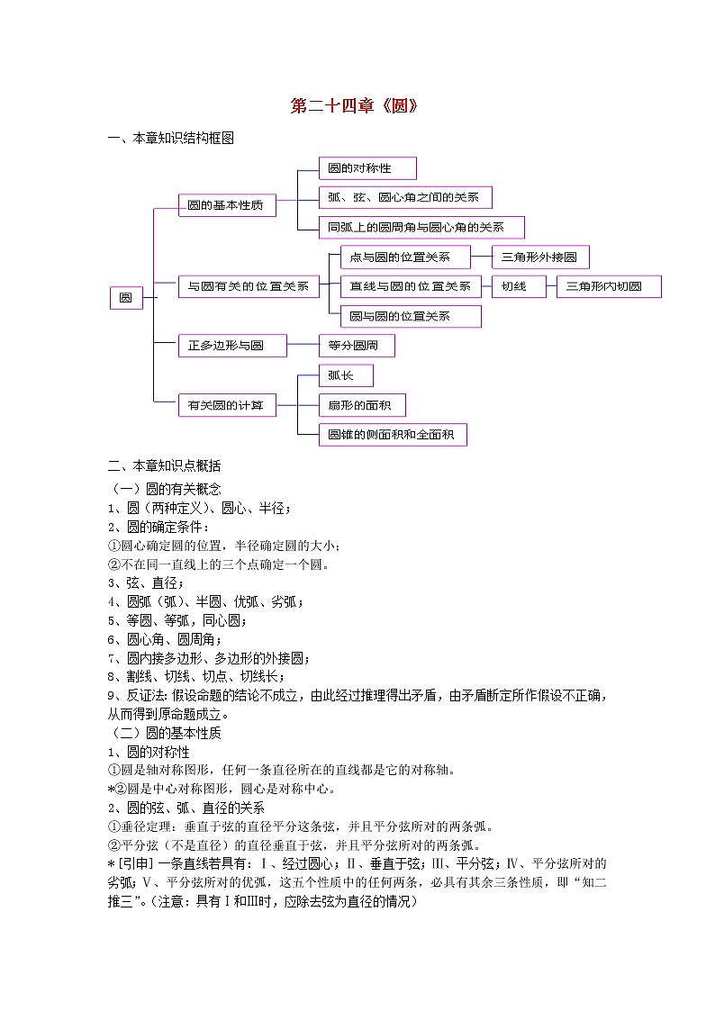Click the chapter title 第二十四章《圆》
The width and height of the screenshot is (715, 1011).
click(x=356, y=106)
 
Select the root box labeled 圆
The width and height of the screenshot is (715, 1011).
click(x=126, y=298)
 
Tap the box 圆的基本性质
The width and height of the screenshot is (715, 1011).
click(x=226, y=206)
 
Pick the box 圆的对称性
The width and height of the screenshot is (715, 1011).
click(x=367, y=168)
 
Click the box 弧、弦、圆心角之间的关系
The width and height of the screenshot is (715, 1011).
click(x=405, y=198)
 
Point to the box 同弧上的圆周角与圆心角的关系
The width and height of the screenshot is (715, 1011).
click(x=421, y=228)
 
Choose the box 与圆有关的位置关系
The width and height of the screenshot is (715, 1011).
click(x=249, y=287)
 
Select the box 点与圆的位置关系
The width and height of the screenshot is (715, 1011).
click(x=406, y=257)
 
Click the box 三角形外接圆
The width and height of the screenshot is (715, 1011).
click(x=540, y=257)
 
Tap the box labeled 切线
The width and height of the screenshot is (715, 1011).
click(x=520, y=287)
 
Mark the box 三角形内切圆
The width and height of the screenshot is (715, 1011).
click(x=610, y=287)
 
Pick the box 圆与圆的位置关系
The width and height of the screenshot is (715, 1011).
click(x=411, y=316)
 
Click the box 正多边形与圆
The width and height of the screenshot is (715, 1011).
click(x=232, y=346)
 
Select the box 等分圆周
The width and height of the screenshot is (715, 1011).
click(x=357, y=346)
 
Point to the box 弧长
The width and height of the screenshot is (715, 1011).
click(x=346, y=375)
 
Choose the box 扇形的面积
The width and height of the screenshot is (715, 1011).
click(x=362, y=405)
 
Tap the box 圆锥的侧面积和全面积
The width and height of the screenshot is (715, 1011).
click(x=393, y=435)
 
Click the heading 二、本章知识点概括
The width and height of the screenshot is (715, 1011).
click(x=164, y=466)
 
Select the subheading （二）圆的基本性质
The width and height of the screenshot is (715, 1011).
click(x=164, y=732)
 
